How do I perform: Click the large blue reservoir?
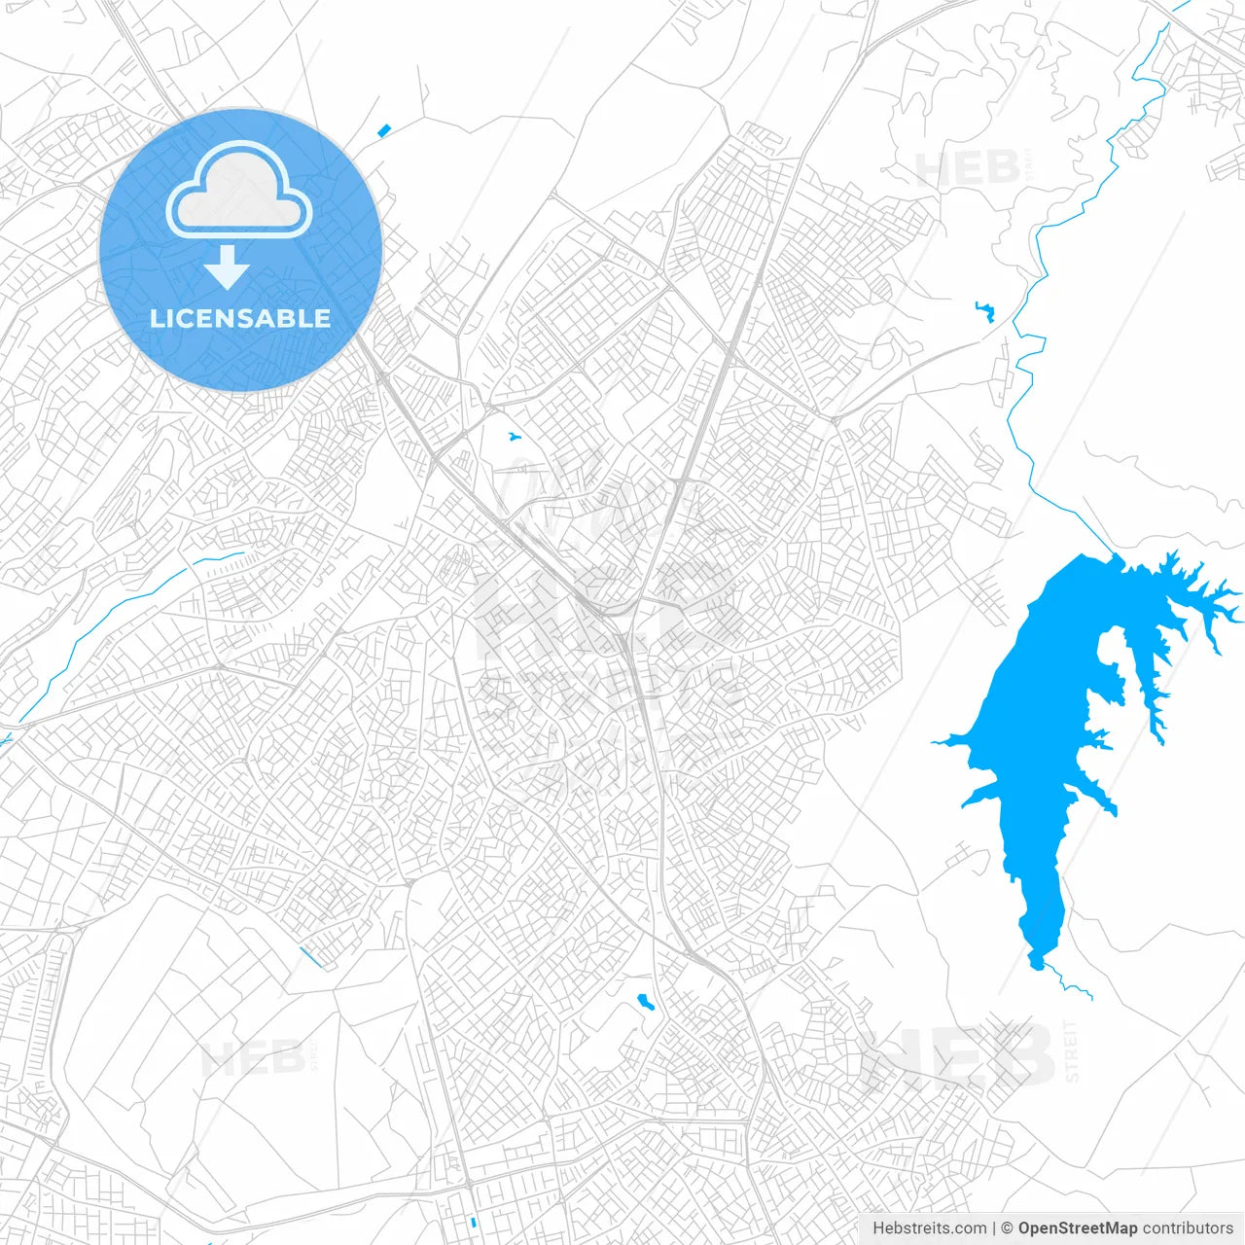(1041, 739)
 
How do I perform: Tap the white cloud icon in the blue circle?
(239, 191)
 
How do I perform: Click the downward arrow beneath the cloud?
(228, 267)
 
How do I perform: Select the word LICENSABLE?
(240, 318)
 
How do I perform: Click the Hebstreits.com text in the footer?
(929, 1228)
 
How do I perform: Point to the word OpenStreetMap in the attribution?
(1077, 1228)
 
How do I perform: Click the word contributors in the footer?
(1188, 1228)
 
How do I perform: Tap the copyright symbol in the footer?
(1008, 1228)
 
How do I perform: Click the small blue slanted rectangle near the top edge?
(383, 130)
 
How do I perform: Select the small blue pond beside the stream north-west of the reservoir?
(984, 310)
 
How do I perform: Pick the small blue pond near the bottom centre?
(644, 1001)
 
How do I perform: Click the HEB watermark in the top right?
(968, 169)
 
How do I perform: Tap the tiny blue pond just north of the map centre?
(512, 436)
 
